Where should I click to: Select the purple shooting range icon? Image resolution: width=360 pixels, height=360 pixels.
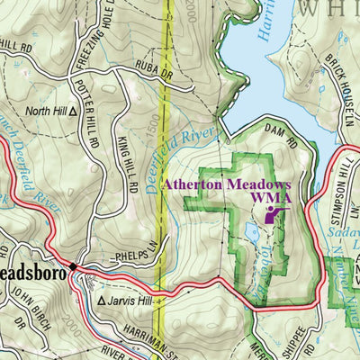274,214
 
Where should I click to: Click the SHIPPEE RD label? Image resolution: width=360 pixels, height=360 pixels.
297,344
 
